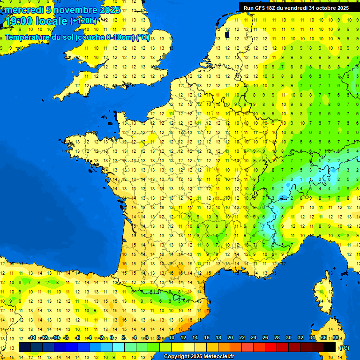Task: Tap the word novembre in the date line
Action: click(x=73, y=10)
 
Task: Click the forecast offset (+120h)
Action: click(x=83, y=21)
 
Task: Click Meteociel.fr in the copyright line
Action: click(x=214, y=357)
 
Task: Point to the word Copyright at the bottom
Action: click(x=177, y=357)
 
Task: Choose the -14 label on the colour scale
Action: click(x=32, y=338)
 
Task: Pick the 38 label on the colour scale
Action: click(x=335, y=338)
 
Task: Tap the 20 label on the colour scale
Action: click(x=230, y=338)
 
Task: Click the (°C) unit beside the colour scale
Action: click(x=345, y=347)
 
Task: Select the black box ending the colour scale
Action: click(x=330, y=347)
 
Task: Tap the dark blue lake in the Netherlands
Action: click(x=227, y=34)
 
